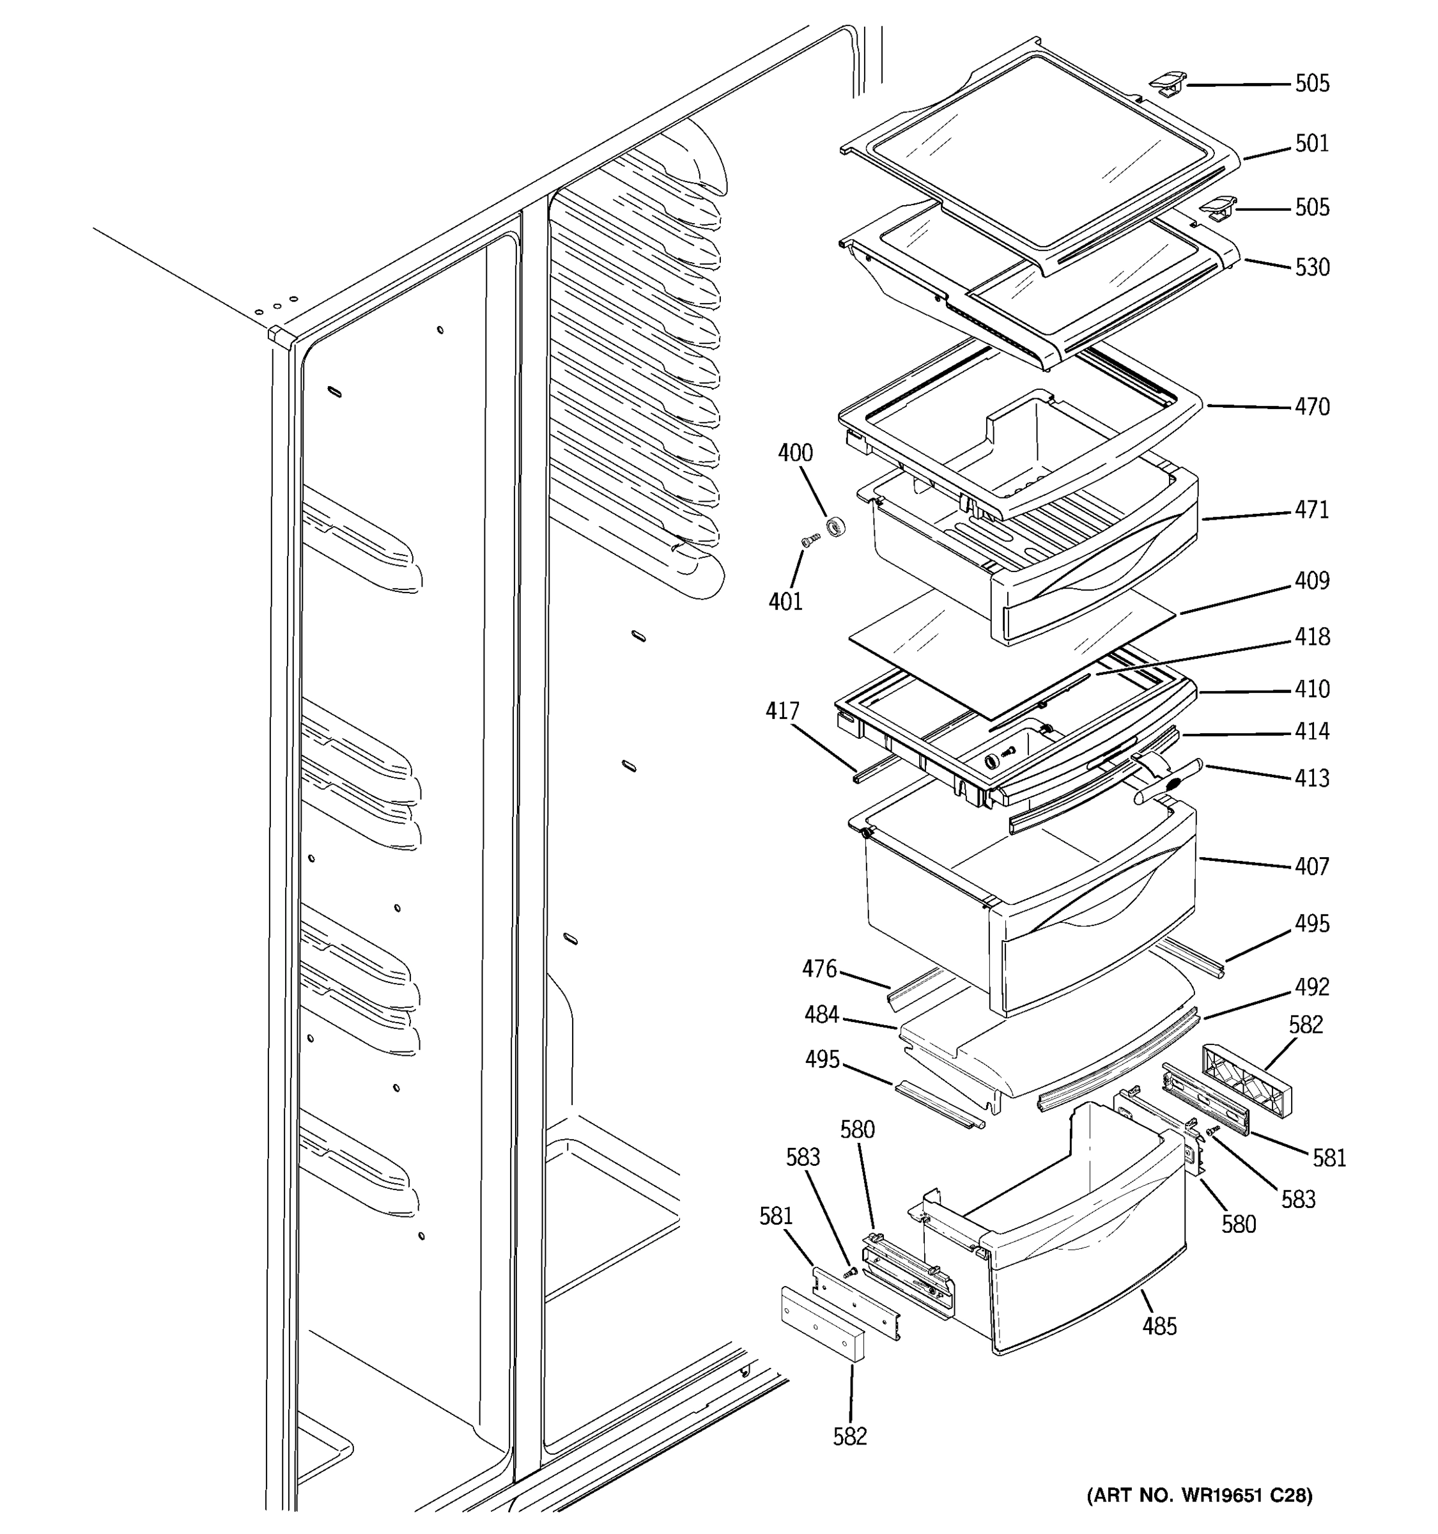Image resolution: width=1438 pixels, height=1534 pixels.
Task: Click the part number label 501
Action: pos(1311,144)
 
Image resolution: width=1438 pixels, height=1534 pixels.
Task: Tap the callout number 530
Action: pos(1311,268)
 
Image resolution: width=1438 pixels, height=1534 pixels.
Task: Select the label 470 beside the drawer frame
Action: pos(1311,407)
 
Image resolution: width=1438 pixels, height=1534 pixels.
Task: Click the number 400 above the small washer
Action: pos(794,453)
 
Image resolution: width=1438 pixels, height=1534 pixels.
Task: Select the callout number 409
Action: pos(1311,580)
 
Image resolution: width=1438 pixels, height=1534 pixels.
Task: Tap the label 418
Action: pos(1311,637)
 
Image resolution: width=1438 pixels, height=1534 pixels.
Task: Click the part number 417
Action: pos(782,711)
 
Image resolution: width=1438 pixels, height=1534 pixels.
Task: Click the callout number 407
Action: pos(1311,867)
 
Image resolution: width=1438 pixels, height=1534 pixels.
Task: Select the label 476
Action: pos(819,968)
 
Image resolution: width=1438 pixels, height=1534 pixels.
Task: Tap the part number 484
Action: pos(822,1015)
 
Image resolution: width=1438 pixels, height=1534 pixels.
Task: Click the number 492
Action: pos(1311,987)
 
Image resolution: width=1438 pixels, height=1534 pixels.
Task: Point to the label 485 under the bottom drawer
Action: pos(1159,1326)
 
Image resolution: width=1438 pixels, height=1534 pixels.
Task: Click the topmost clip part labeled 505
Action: pos(1167,82)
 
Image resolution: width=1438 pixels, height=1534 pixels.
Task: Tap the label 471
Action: pos(1311,510)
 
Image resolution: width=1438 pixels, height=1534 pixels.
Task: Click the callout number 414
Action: pos(1311,731)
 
